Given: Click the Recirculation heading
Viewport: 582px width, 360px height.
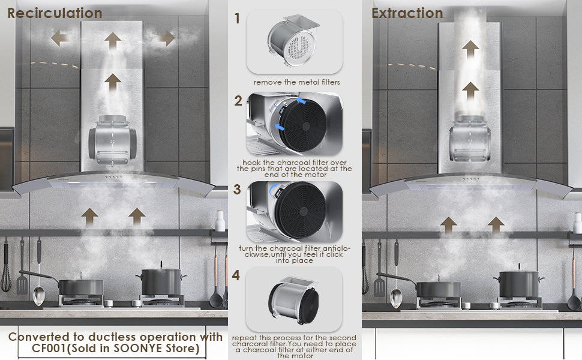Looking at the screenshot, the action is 55,13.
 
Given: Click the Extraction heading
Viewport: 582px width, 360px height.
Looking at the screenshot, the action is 407,13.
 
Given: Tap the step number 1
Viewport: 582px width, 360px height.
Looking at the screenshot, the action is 237,18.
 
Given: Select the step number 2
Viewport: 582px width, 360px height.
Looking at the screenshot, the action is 238,101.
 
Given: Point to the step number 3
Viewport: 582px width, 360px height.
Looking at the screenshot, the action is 237,189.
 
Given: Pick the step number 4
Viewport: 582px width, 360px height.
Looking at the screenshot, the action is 236,275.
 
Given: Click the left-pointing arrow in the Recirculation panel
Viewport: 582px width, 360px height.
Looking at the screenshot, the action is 59,38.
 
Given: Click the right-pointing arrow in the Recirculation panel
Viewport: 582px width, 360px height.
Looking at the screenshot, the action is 166,38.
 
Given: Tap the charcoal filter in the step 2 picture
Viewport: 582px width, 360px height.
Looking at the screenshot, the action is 302,125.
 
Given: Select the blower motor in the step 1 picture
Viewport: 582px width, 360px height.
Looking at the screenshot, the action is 293,40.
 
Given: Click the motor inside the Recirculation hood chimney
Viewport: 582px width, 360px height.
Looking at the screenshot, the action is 112,140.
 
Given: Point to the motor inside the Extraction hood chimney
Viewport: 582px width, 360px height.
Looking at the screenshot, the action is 470,139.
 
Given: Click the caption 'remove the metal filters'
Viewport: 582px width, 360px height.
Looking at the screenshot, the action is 296,82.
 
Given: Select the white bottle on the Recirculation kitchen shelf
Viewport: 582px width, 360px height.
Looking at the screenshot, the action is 220,221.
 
